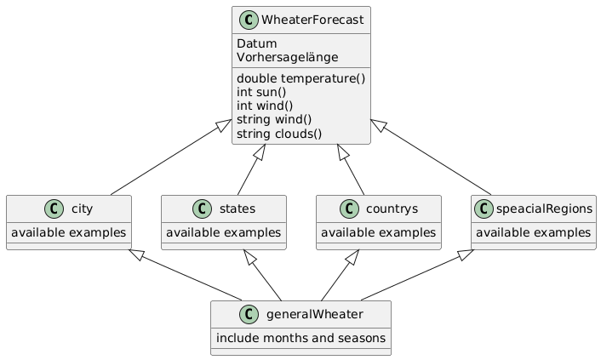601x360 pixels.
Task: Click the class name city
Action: pos(82,209)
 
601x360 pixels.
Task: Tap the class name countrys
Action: pos(390,209)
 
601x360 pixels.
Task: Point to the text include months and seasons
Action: pos(301,339)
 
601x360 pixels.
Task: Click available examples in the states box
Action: pos(224,232)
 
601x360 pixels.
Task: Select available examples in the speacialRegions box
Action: pos(533,232)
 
